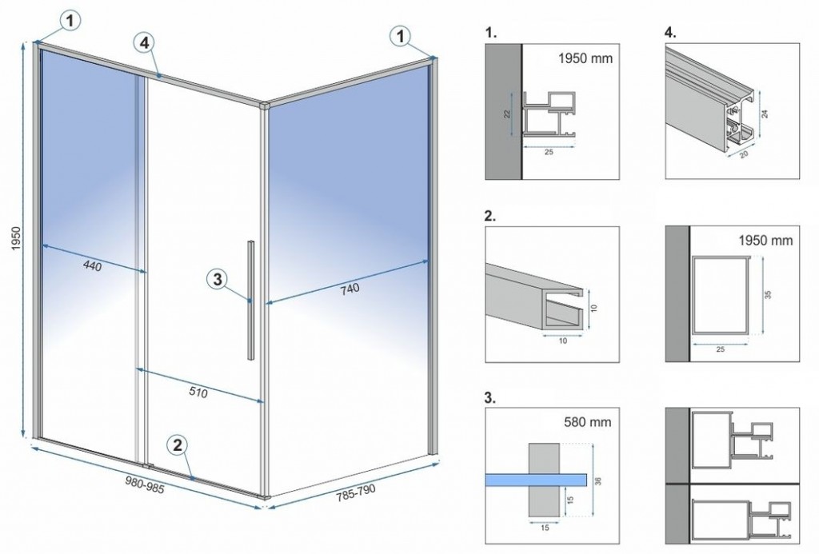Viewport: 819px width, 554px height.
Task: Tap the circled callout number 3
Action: pyautogui.click(x=218, y=280)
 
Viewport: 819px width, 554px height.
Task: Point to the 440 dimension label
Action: pyautogui.click(x=92, y=266)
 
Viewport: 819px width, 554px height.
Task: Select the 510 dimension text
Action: pyautogui.click(x=198, y=393)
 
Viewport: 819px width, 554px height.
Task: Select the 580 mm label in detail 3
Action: pyautogui.click(x=588, y=421)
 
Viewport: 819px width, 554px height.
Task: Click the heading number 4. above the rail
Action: pyautogui.click(x=670, y=34)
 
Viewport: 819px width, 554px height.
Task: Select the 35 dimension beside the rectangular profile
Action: pyautogui.click(x=769, y=295)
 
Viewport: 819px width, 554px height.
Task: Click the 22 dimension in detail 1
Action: pyautogui.click(x=506, y=114)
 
